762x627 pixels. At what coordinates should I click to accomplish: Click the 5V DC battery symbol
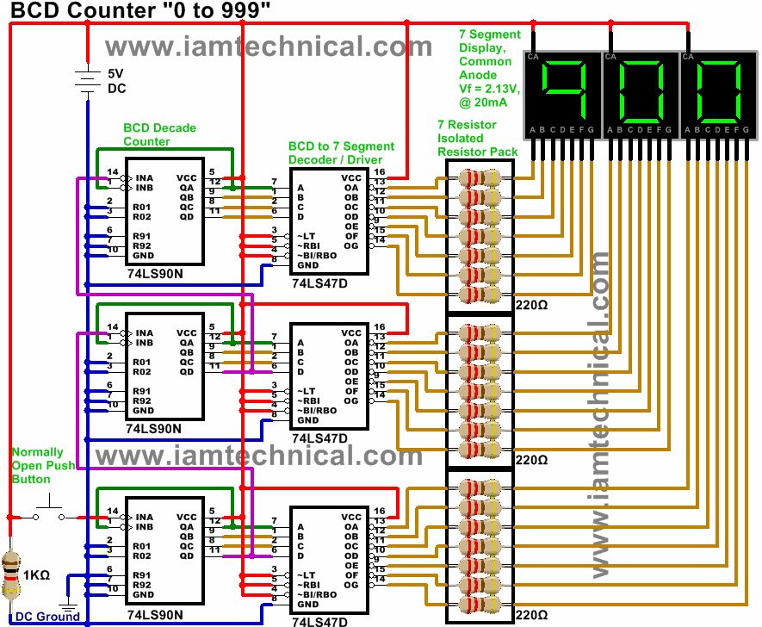coord(88,81)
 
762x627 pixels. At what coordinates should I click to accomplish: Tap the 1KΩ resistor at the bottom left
coord(10,575)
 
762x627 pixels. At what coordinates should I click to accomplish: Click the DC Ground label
coord(47,617)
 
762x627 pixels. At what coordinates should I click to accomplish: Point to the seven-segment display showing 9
coord(563,96)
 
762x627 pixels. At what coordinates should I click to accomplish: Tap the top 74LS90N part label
coord(155,274)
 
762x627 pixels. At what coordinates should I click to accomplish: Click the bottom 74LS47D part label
coord(319,622)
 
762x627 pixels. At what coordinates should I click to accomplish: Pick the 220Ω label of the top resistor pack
coord(531,305)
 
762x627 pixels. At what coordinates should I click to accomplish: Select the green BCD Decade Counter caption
coord(159,134)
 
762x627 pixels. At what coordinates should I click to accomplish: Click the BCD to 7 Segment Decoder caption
coord(341,152)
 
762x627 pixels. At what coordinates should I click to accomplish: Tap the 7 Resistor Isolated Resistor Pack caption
coord(477,138)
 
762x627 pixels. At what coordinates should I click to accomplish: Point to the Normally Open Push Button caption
coord(43,466)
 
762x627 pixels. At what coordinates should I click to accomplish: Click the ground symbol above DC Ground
coord(67,606)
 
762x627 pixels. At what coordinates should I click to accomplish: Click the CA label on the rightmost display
coord(688,56)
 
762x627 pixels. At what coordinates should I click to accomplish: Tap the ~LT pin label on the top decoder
coord(307,236)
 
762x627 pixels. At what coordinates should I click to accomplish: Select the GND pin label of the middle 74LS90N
coord(144,411)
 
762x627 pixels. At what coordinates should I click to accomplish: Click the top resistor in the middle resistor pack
coord(480,333)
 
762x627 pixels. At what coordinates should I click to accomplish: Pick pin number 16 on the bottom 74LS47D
coord(380,511)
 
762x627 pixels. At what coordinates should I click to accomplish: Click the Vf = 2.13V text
coord(489,89)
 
